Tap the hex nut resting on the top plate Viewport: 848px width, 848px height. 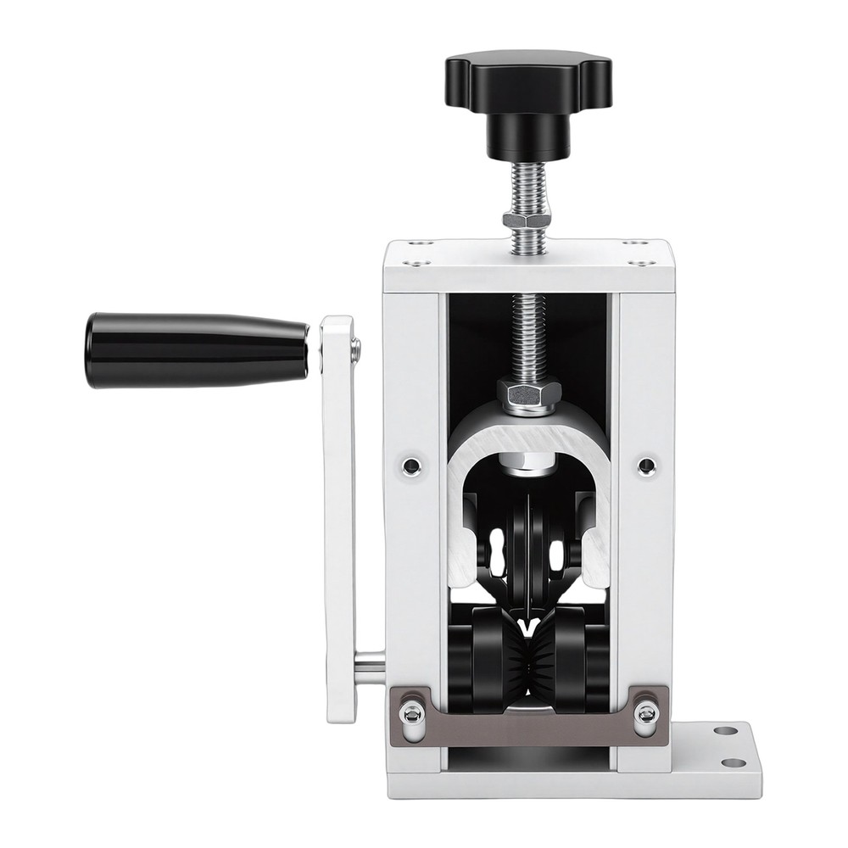(527, 220)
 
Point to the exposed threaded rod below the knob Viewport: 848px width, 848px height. (527, 187)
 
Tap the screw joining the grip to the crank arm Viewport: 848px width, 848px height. (355, 345)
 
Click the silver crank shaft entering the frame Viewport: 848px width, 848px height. (369, 666)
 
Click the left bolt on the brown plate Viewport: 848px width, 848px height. (412, 713)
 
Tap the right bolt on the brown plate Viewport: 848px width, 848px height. (645, 713)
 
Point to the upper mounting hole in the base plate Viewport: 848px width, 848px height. (725, 731)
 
